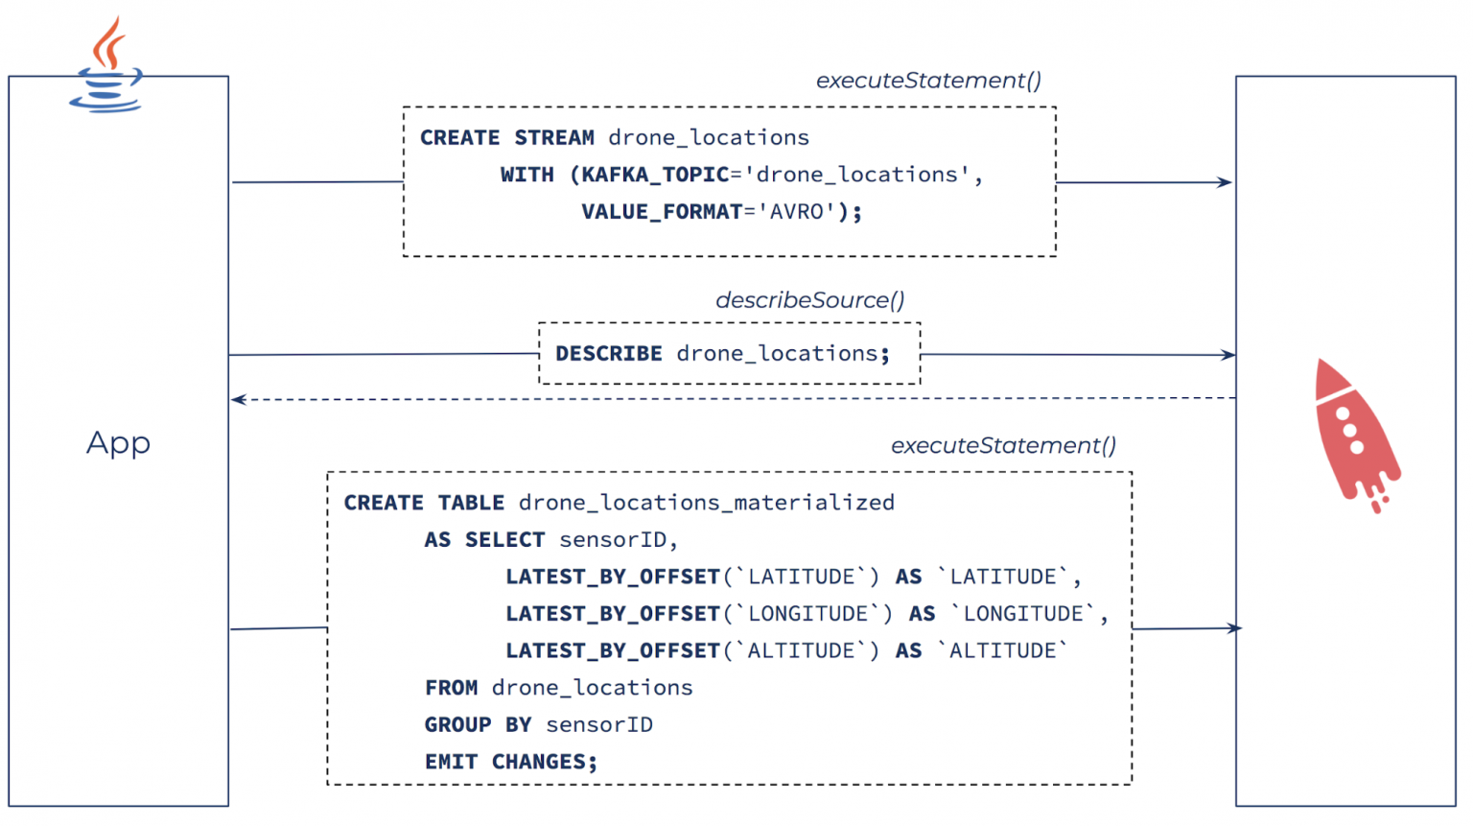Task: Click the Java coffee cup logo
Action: (x=106, y=67)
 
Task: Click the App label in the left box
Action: (x=118, y=443)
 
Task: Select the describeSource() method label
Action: (x=809, y=300)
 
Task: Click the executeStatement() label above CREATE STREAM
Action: (x=928, y=81)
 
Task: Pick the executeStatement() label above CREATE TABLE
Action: (x=1003, y=446)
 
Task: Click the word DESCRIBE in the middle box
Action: (x=608, y=354)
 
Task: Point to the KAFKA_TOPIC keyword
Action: (x=655, y=175)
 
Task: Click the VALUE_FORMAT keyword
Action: (x=662, y=212)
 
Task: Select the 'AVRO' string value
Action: (x=796, y=212)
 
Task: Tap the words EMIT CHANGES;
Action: (x=510, y=763)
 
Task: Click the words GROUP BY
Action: (x=478, y=725)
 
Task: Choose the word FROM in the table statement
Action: (x=451, y=688)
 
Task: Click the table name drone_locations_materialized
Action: (x=706, y=503)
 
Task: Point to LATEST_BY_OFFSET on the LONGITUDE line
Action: (x=613, y=614)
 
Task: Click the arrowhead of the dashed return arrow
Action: (x=238, y=399)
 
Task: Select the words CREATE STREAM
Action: (x=506, y=138)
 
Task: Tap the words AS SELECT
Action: (x=484, y=540)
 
